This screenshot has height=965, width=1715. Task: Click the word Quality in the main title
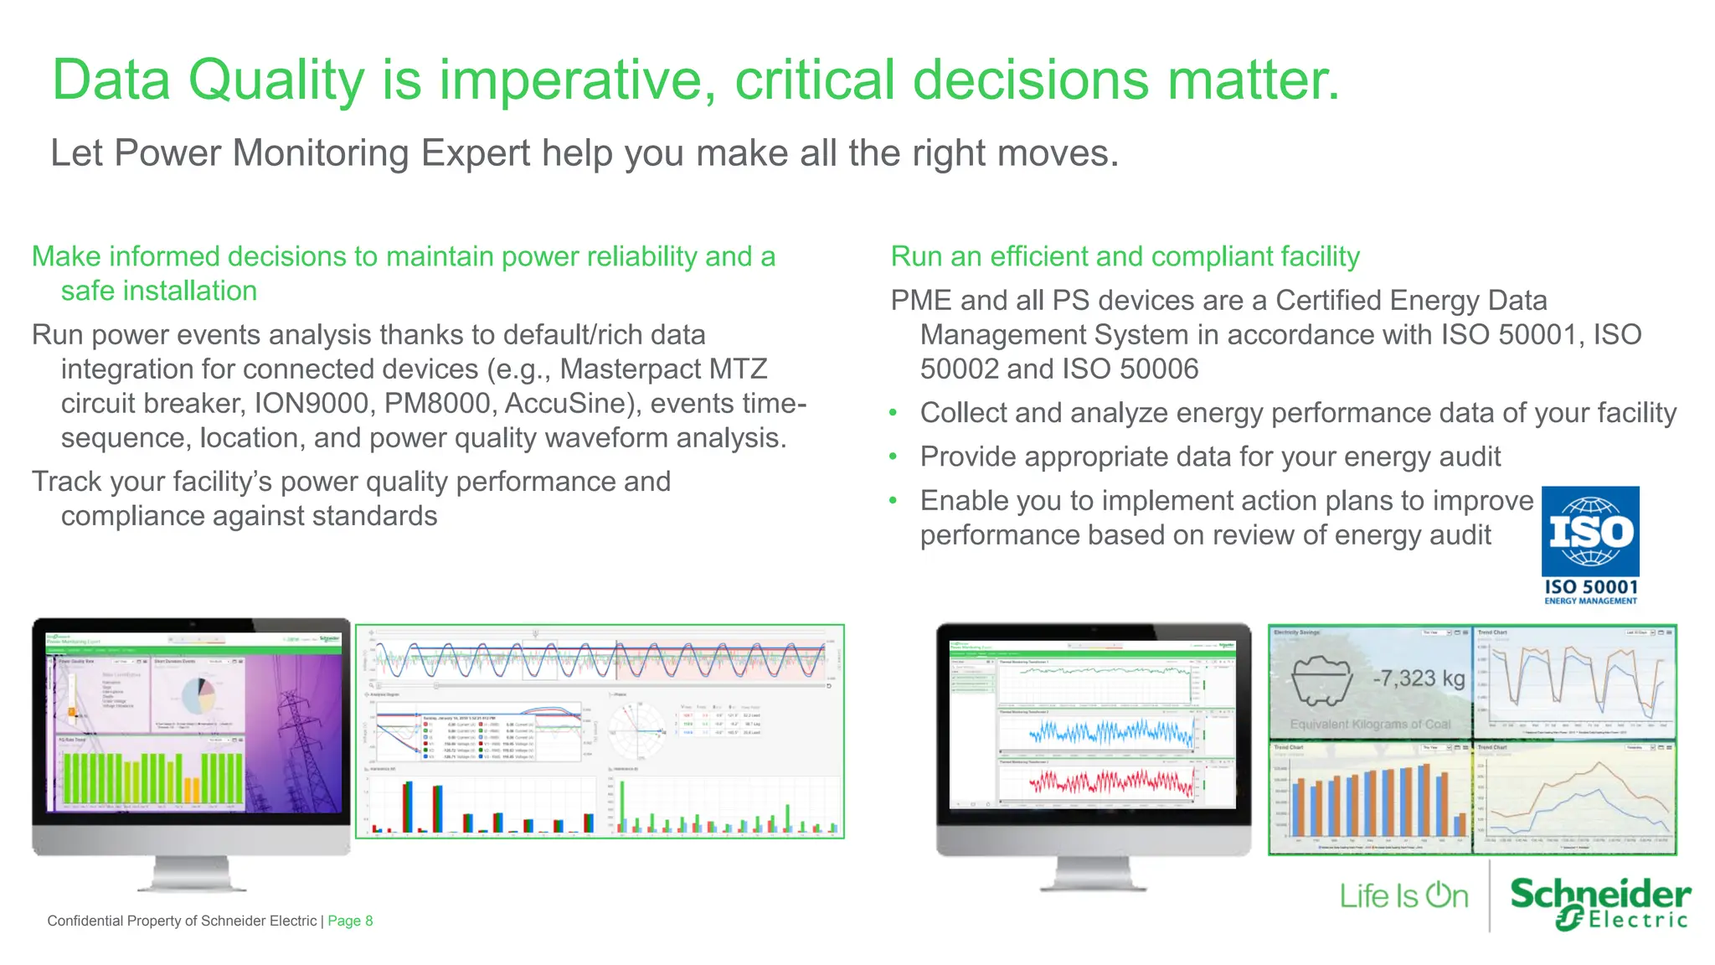click(x=276, y=80)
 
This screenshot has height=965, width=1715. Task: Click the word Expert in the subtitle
click(x=476, y=153)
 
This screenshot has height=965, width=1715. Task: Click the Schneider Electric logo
click(x=1599, y=903)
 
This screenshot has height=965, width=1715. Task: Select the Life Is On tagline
click(x=1403, y=895)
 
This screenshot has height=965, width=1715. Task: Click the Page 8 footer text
click(x=350, y=921)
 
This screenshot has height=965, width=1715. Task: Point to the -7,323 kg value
click(x=1419, y=678)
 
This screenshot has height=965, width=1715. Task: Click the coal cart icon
click(x=1321, y=679)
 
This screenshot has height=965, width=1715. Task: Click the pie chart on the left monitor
click(x=199, y=694)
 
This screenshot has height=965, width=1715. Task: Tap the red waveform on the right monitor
click(x=1112, y=782)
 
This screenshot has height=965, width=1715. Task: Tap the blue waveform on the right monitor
click(x=1112, y=734)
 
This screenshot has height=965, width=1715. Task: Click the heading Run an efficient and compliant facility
click(x=1125, y=256)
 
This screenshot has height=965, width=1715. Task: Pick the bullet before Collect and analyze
click(x=894, y=413)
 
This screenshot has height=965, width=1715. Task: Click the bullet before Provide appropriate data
click(x=894, y=457)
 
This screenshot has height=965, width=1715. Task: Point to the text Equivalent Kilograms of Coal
click(x=1370, y=724)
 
